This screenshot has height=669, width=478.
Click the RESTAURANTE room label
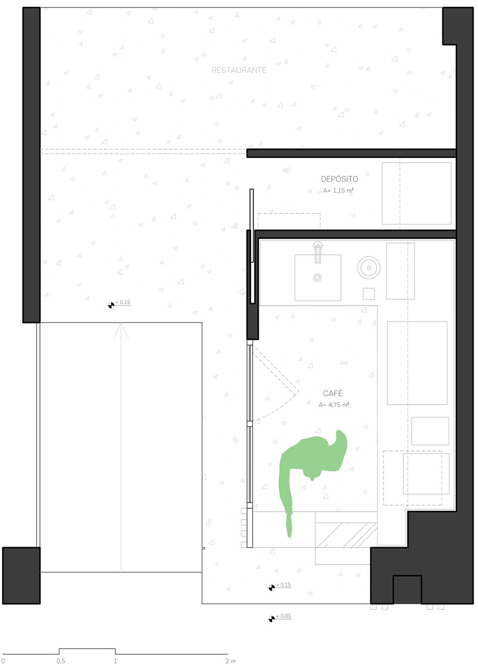point(239,70)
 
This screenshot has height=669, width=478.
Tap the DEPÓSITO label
point(339,179)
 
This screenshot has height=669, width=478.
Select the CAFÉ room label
point(333,393)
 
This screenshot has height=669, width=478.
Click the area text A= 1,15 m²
point(338,190)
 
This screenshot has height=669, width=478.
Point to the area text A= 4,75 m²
point(334,405)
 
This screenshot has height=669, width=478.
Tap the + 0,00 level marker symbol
point(272,619)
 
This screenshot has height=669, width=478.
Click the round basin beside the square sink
point(368,267)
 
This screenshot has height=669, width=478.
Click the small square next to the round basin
point(368,294)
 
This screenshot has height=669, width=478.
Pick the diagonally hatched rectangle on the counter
point(346,535)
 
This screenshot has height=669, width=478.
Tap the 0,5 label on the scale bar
point(61,661)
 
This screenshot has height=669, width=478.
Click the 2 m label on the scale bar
point(230,661)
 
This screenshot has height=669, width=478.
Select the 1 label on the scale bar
point(115,661)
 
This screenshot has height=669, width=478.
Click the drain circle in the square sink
point(317,278)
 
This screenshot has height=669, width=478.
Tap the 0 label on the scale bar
point(3,661)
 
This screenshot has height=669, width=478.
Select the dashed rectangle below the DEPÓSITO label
point(289,221)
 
